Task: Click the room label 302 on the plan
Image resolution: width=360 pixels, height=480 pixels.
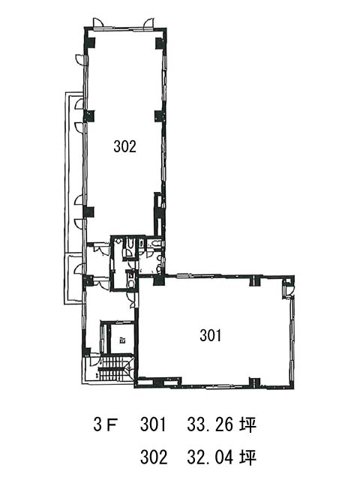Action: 125,146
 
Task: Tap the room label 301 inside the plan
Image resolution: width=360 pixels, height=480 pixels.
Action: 211,335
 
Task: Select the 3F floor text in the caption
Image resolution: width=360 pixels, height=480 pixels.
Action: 106,425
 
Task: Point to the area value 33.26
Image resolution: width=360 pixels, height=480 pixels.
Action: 211,425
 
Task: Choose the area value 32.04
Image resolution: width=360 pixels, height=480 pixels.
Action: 211,457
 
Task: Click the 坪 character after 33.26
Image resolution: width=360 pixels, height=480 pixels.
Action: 248,425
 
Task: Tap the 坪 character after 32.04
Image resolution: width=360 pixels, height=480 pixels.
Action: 248,457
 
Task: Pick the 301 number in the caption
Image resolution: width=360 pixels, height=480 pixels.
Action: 153,425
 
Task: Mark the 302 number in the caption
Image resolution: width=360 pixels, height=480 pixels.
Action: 154,457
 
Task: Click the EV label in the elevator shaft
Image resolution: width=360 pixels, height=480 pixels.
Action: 122,340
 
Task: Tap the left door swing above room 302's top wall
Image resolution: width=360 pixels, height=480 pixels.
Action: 98,23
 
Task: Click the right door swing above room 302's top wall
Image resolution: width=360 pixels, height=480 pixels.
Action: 150,23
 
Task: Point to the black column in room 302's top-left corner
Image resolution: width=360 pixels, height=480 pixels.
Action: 90,43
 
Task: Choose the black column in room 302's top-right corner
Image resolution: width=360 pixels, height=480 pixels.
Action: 160,43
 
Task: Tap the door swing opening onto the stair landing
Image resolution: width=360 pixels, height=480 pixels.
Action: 94,361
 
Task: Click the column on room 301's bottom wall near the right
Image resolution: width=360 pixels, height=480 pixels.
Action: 254,382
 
